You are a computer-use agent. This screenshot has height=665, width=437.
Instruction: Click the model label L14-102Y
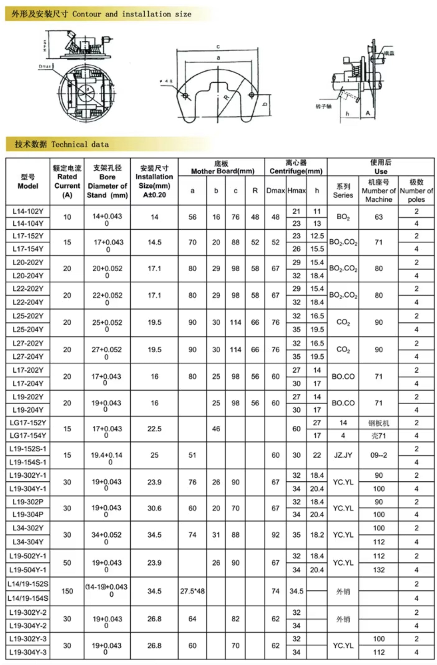(28, 211)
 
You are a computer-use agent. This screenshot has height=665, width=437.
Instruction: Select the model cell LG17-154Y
(28, 435)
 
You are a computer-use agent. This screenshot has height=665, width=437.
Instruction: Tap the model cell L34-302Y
(28, 528)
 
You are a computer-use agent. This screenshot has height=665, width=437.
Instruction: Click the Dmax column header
(275, 190)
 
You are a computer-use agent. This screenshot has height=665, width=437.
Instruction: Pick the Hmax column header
(296, 190)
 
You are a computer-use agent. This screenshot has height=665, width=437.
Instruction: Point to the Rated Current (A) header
(67, 182)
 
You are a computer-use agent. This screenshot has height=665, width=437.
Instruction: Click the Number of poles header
(416, 190)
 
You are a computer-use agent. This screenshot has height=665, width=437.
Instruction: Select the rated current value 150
(67, 591)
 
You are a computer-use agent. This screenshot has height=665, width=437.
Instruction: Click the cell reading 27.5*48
(192, 591)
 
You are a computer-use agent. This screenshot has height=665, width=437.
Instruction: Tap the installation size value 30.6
(154, 508)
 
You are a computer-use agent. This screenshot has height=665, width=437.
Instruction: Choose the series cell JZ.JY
(343, 455)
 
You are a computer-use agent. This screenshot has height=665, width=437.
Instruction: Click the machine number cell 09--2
(379, 455)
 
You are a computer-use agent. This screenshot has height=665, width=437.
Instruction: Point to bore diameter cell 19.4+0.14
(107, 456)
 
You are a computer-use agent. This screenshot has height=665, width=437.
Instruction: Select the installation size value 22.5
(154, 429)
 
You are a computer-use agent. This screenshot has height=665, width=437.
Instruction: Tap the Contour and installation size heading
(101, 14)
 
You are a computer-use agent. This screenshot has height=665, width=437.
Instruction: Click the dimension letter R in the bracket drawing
(226, 97)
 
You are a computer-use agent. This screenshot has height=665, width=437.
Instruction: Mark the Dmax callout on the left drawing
(45, 66)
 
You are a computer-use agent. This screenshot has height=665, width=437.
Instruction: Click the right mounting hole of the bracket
(252, 95)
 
